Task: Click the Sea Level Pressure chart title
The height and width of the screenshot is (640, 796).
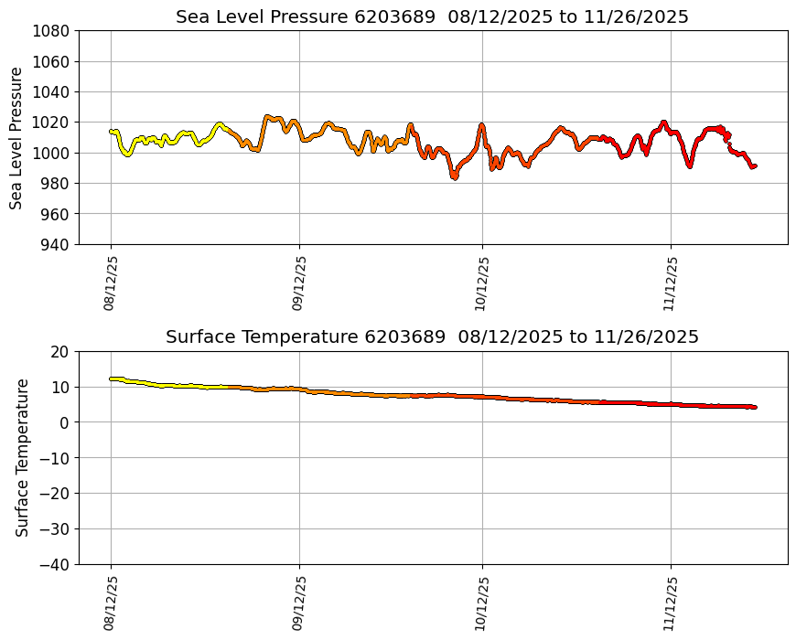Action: (x=432, y=16)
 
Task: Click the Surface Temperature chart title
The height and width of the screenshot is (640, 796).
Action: (x=432, y=336)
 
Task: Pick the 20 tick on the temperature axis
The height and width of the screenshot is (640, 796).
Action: (x=61, y=352)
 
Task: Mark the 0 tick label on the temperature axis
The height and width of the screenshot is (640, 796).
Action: (x=65, y=422)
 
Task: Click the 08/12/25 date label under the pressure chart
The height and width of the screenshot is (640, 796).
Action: (x=110, y=283)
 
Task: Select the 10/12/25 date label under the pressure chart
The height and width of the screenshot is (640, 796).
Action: (x=482, y=283)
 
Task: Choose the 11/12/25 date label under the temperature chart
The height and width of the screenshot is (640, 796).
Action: (x=671, y=603)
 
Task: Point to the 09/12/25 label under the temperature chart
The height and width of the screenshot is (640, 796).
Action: (x=298, y=603)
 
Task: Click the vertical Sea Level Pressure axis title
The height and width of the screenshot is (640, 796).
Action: (x=17, y=137)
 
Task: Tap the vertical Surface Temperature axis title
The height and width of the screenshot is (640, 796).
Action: (x=22, y=457)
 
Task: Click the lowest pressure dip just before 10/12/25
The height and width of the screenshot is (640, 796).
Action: (x=454, y=176)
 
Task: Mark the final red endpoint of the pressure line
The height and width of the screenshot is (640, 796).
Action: (x=754, y=165)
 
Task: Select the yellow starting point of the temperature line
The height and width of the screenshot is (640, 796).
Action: (x=111, y=379)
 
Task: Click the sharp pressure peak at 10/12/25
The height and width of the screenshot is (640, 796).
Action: (x=481, y=125)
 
